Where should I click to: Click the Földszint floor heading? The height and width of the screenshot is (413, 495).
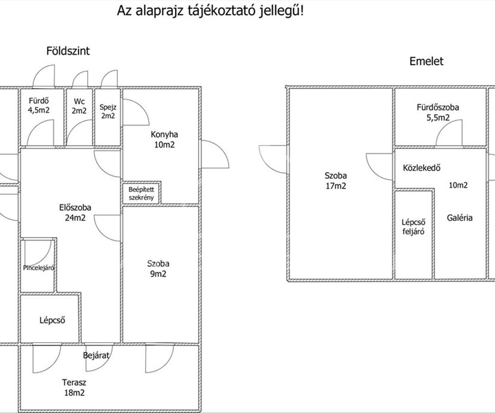(x=68, y=51)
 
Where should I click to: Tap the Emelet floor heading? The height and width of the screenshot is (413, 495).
(x=426, y=62)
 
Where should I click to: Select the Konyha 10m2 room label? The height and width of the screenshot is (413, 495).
(x=164, y=140)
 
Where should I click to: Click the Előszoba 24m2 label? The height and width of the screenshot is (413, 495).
(x=75, y=213)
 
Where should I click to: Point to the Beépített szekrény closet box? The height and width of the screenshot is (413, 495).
(x=141, y=193)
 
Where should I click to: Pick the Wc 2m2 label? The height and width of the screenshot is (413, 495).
(x=79, y=106)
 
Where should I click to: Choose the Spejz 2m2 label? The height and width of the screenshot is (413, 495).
(x=108, y=111)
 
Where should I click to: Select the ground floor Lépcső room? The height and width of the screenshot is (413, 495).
(x=52, y=320)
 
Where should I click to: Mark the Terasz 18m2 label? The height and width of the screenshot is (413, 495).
(x=74, y=387)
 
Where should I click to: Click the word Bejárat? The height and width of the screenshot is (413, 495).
(x=97, y=355)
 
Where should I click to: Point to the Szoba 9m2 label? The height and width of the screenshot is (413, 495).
(x=158, y=268)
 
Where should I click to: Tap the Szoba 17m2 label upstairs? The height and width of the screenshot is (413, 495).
(x=335, y=180)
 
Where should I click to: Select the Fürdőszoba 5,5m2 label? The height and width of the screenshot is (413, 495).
(x=438, y=112)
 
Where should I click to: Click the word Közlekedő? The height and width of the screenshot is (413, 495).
(x=422, y=168)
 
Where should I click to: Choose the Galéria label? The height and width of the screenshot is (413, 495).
(x=460, y=218)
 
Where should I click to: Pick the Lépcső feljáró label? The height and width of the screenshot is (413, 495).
(x=413, y=226)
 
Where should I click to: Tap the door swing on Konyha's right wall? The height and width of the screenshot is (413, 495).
(x=214, y=154)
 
